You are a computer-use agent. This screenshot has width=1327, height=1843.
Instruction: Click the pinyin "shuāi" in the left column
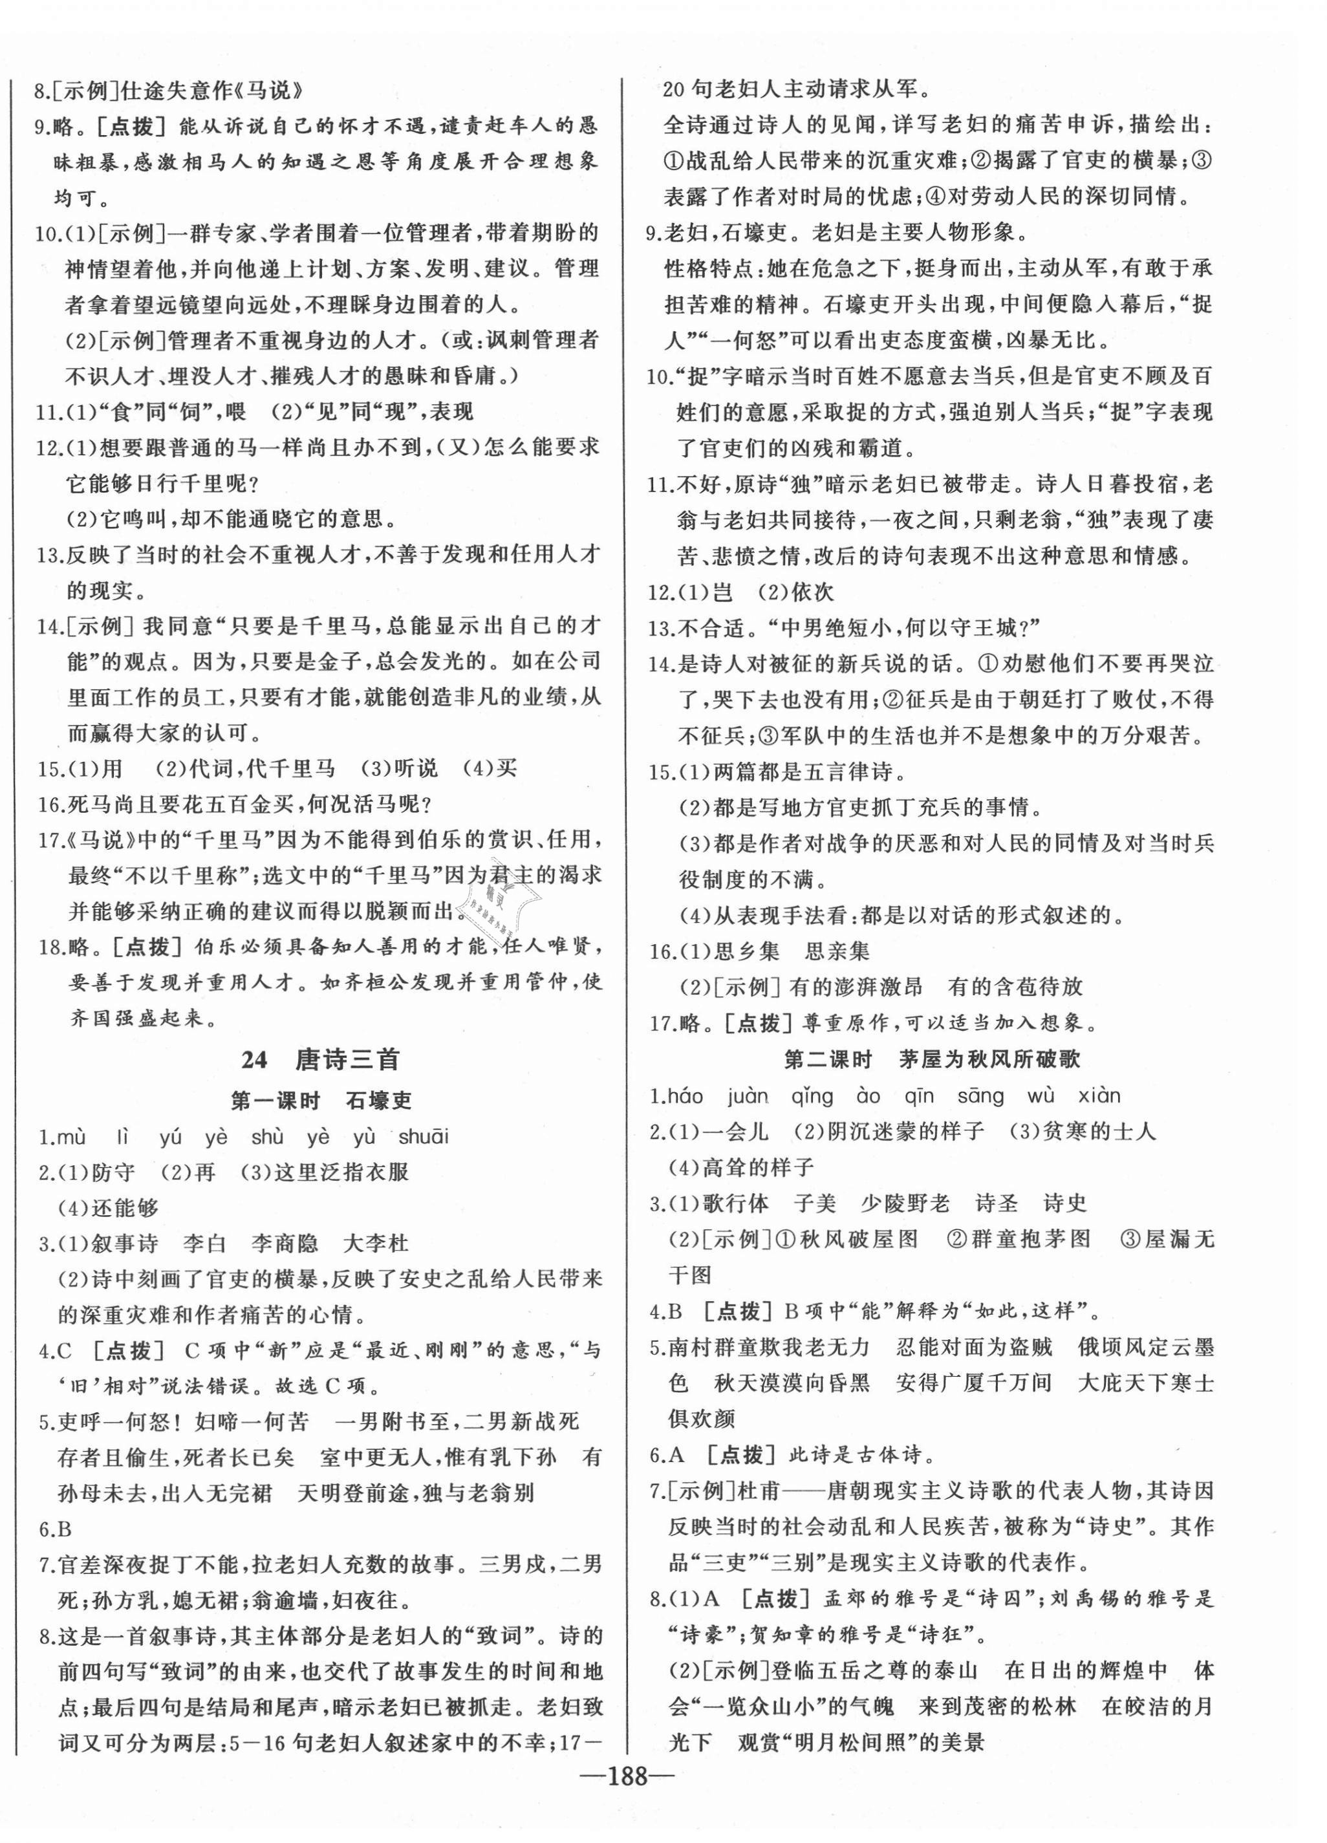pyautogui.click(x=424, y=1137)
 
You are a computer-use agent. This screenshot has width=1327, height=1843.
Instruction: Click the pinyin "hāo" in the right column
pyautogui.click(x=684, y=1095)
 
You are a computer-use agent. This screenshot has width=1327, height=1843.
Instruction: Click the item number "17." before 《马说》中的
pyautogui.click(x=50, y=840)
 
